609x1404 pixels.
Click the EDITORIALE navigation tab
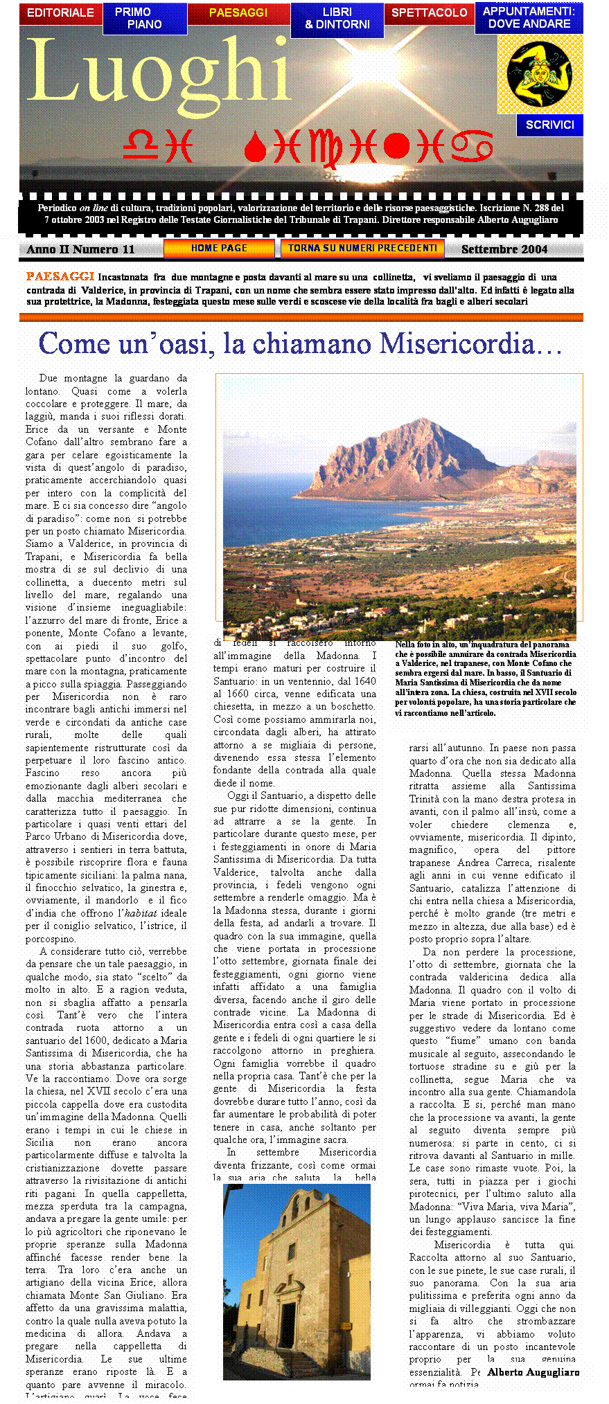(60, 12)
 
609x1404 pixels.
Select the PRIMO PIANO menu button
(145, 19)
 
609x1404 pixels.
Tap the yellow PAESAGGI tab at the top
(238, 13)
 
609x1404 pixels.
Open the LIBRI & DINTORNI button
(337, 19)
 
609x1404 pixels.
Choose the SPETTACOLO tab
(429, 12)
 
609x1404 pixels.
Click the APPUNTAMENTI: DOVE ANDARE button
(529, 18)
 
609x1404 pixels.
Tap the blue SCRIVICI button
(549, 125)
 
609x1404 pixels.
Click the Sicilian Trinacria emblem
(540, 73)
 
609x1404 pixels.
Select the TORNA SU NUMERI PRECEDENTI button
(362, 248)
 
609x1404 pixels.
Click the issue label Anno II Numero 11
(80, 249)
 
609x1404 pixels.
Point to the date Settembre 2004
(504, 249)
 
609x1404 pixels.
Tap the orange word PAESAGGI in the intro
(60, 277)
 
